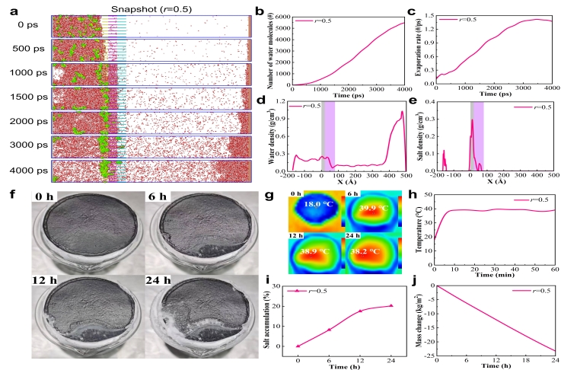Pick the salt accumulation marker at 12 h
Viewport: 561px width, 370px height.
(361, 311)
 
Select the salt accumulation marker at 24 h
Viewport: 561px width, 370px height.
(391, 306)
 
